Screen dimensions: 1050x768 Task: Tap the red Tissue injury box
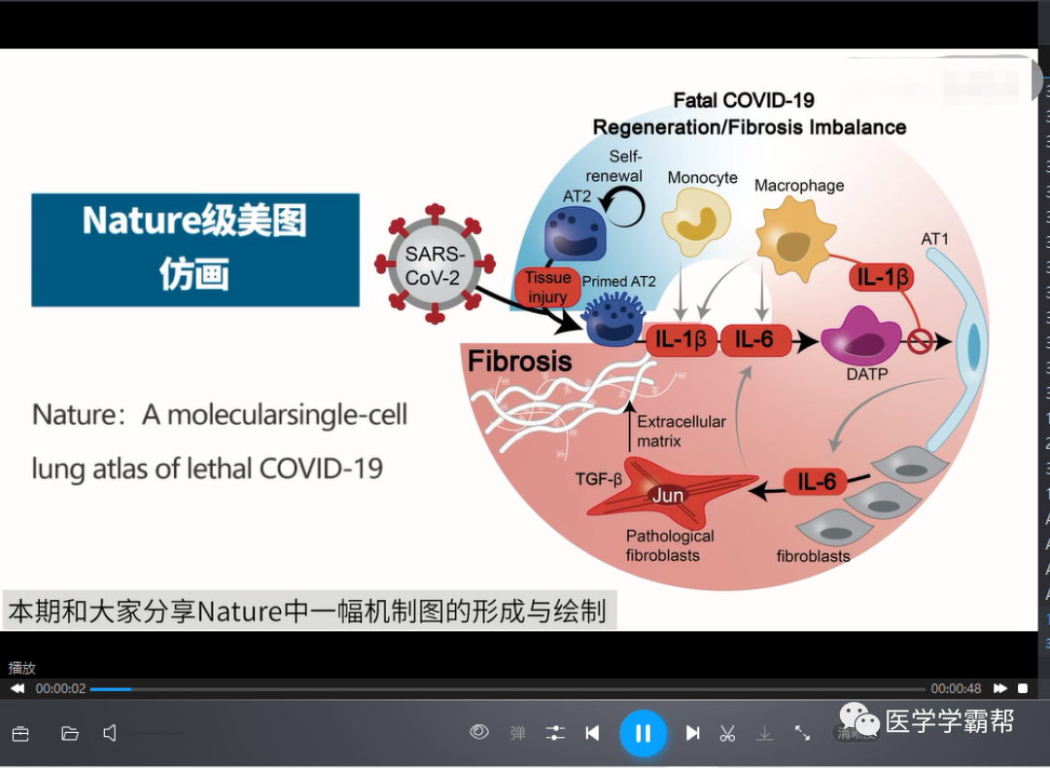tap(547, 287)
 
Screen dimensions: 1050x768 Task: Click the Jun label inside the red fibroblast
tap(667, 495)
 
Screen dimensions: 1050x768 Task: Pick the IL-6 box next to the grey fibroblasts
tap(816, 481)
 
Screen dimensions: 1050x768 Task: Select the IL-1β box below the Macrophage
tap(883, 278)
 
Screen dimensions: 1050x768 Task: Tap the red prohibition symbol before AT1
tap(920, 340)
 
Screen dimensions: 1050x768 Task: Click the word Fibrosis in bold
tap(520, 362)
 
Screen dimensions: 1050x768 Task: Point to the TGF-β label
tap(598, 478)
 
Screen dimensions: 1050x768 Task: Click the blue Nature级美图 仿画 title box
tap(195, 249)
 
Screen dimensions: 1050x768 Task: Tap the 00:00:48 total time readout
tap(956, 688)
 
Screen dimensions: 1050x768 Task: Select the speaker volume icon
tap(110, 733)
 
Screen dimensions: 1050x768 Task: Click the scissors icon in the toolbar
tap(727, 733)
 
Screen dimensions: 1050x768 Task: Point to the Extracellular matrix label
tap(681, 431)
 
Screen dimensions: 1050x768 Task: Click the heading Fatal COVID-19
tap(744, 100)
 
